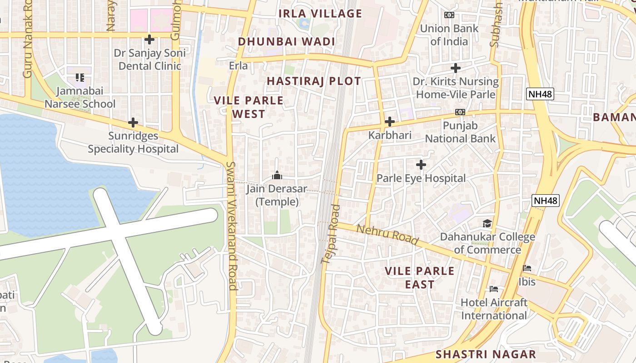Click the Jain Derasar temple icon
point(277,175)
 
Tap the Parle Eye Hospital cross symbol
point(421,165)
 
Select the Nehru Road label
point(387,235)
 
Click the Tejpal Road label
point(330,234)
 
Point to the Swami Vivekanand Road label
point(232,226)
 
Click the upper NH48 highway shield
point(540,94)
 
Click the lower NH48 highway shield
point(546,201)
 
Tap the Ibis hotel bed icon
point(527,268)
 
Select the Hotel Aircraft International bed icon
point(494,289)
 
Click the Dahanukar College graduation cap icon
point(487,223)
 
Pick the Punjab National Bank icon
point(460,112)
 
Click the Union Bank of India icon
point(449,15)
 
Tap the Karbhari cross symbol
point(389,122)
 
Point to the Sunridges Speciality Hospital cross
point(133,123)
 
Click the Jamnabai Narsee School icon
point(80,78)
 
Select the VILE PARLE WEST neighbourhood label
point(248,107)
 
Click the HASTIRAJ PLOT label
point(313,81)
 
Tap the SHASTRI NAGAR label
point(486,354)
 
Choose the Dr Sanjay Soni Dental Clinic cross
point(149,39)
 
